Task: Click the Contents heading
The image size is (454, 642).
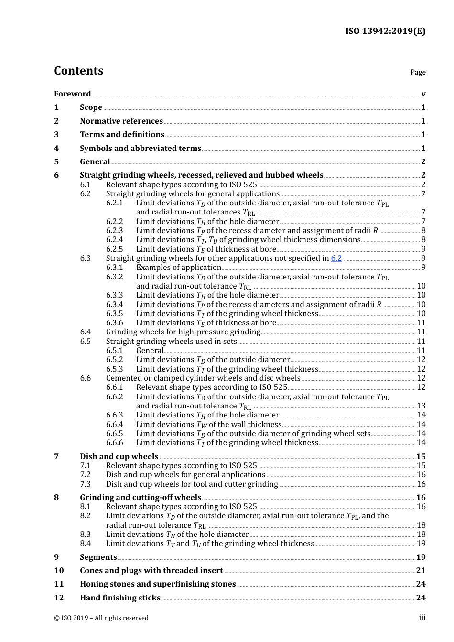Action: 78,71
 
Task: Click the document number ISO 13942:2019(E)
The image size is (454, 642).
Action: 385,31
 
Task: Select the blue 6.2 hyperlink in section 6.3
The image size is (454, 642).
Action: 336,258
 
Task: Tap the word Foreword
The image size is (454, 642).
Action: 72,94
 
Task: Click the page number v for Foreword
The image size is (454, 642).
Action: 423,94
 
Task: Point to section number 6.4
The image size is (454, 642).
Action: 86,332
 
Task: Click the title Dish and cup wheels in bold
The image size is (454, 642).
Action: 119,456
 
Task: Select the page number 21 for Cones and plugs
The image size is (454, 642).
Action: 421,570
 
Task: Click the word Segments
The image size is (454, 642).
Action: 98,557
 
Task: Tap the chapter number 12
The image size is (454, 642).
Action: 59,598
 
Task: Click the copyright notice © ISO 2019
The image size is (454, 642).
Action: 101,618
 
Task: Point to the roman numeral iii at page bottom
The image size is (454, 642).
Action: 422,618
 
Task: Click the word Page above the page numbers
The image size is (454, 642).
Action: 418,72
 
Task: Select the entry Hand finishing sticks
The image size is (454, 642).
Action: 120,598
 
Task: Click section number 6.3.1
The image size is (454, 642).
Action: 115,267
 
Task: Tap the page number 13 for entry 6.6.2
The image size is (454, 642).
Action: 421,406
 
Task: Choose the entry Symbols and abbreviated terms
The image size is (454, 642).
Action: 141,148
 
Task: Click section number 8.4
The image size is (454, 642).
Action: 86,544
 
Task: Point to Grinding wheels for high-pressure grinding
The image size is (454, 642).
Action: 183,332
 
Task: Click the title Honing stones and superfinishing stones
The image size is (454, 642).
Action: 158,584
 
